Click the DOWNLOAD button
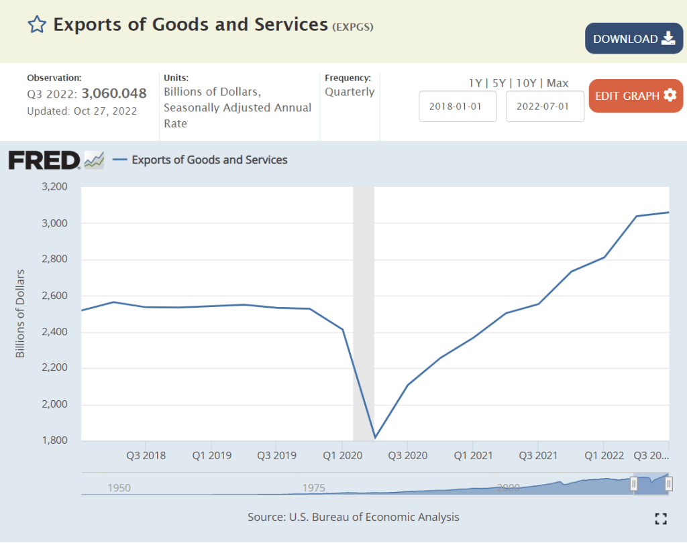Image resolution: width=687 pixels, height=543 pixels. [x=633, y=39]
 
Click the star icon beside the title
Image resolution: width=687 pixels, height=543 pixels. [x=37, y=25]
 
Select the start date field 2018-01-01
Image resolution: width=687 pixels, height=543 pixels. [x=458, y=107]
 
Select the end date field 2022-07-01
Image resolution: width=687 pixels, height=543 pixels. [x=545, y=107]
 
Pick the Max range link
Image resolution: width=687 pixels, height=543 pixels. [x=558, y=83]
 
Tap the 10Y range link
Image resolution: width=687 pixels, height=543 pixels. [x=527, y=83]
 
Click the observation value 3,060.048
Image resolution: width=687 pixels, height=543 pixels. [x=114, y=94]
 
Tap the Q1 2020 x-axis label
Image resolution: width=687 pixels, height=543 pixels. [x=343, y=455]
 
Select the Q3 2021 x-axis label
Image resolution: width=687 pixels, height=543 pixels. [x=538, y=455]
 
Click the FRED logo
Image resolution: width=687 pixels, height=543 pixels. [x=44, y=160]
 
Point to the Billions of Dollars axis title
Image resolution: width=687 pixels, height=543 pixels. [x=20, y=313]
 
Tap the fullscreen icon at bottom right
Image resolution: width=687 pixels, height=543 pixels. [x=661, y=518]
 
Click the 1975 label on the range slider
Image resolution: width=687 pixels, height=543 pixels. [x=314, y=487]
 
